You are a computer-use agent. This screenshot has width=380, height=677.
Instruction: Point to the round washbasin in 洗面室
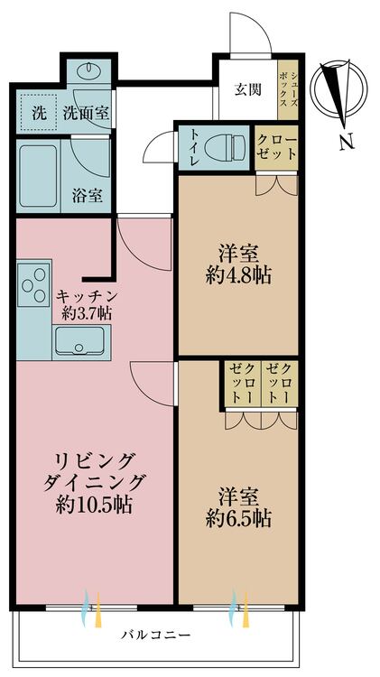coord(88,72)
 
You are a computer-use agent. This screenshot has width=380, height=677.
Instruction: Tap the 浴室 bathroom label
coord(87,195)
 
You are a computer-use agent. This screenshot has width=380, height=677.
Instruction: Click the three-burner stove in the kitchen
coord(32,282)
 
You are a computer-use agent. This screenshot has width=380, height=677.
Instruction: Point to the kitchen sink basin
coord(80,341)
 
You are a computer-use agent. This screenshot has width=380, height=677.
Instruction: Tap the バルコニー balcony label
coord(158,635)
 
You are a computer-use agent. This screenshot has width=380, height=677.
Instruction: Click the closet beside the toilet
coord(276,147)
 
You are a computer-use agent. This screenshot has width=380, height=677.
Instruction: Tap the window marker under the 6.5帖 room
coord(238,608)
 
